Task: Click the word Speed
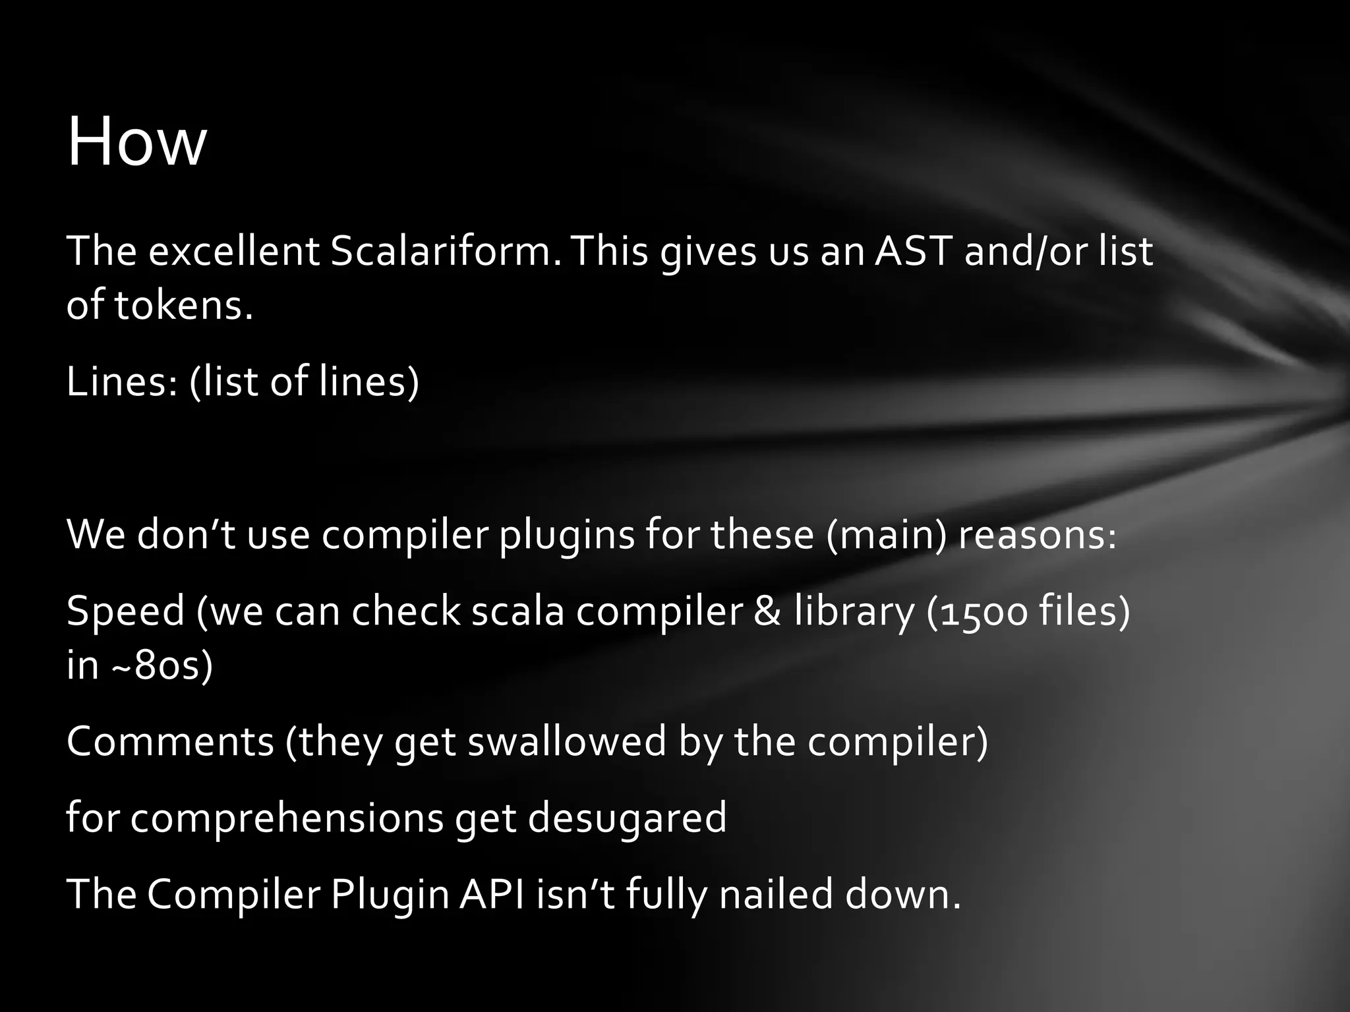tap(125, 611)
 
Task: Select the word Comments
tap(170, 741)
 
